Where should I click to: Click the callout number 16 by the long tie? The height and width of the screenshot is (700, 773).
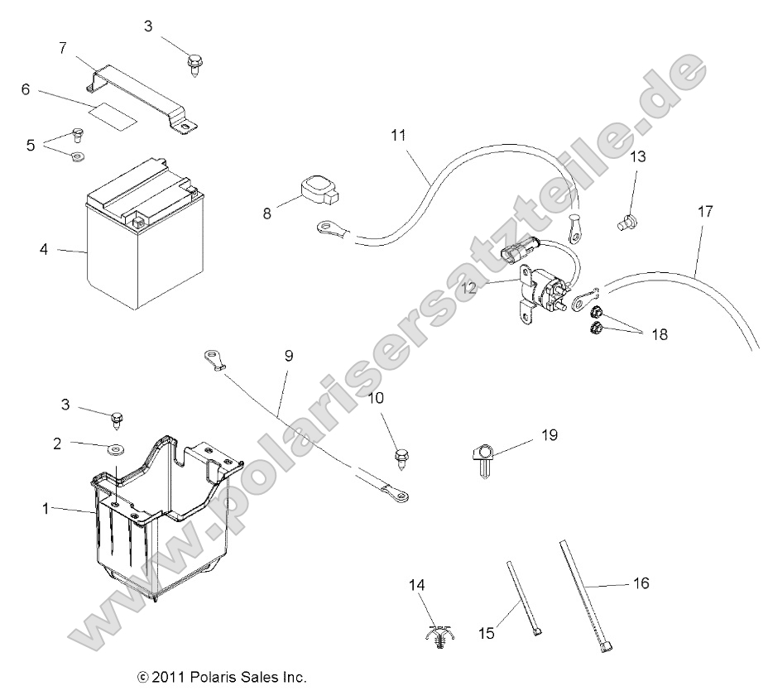640,584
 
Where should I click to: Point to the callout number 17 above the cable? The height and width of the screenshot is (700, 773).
703,212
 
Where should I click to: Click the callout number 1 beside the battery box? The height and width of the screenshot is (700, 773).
46,509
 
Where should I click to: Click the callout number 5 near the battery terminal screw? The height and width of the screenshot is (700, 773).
31,145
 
